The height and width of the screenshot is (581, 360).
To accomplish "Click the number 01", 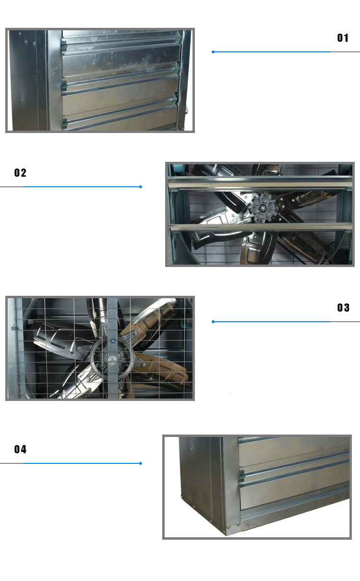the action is pyautogui.click(x=343, y=38).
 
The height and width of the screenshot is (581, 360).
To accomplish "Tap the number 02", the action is pyautogui.click(x=20, y=173).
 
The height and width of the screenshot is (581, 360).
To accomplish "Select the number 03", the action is pyautogui.click(x=343, y=308).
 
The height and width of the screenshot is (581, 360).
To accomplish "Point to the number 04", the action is pyautogui.click(x=20, y=449).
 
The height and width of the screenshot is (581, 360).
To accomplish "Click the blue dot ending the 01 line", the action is pyautogui.click(x=213, y=52).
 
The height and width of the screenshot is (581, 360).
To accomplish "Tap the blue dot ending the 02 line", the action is pyautogui.click(x=141, y=187).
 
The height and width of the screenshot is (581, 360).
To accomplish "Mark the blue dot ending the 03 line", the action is pyautogui.click(x=213, y=322).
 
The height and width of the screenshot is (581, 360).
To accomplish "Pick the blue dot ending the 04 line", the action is pyautogui.click(x=141, y=463).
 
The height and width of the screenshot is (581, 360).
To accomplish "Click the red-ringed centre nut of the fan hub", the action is pyautogui.click(x=263, y=207).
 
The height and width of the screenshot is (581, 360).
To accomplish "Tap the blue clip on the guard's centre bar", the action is pyautogui.click(x=113, y=340).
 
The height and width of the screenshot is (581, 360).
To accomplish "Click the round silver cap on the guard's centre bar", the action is pyautogui.click(x=113, y=360).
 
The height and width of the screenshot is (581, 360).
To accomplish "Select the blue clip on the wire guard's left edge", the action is pyautogui.click(x=14, y=328).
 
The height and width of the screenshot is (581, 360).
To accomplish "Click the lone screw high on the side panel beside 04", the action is pyautogui.click(x=192, y=448).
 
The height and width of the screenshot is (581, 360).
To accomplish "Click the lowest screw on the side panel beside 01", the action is pyautogui.click(x=22, y=100).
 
